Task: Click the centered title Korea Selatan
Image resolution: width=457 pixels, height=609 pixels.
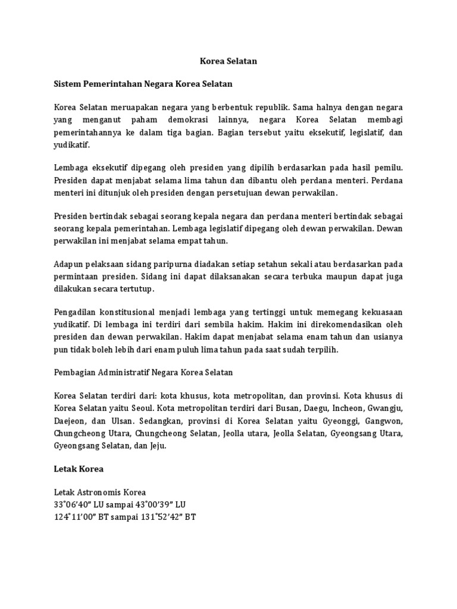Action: (228, 61)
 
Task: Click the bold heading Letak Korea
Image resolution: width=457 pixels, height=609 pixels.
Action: (79, 469)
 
